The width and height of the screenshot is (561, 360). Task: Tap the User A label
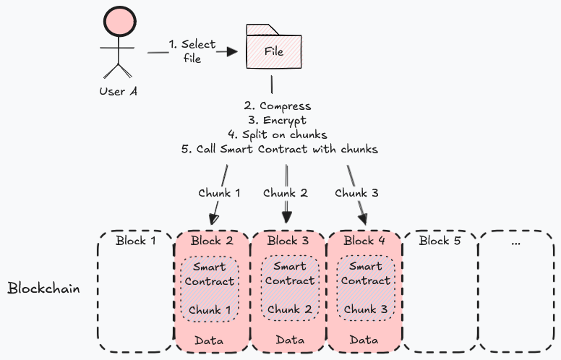tap(118, 91)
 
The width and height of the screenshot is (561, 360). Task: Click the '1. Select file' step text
tap(192, 51)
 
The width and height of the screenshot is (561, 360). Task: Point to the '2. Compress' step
tap(277, 106)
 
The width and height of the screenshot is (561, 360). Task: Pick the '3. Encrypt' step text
tap(277, 120)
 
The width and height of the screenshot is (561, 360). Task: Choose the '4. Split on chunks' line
tap(277, 134)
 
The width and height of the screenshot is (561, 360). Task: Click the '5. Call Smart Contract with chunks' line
tap(279, 149)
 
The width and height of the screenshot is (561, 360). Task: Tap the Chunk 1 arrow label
tap(220, 193)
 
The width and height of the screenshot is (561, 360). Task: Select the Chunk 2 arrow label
tap(285, 193)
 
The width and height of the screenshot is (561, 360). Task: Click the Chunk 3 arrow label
tap(356, 193)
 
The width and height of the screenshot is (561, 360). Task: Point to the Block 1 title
tap(136, 241)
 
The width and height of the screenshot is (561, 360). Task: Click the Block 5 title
tap(440, 241)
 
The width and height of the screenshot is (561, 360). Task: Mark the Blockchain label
tap(43, 288)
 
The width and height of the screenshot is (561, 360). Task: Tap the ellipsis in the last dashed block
tap(516, 242)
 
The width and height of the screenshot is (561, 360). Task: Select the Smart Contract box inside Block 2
tap(210, 288)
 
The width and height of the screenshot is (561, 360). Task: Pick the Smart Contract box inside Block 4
tap(365, 288)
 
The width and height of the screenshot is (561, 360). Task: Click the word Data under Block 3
tap(289, 340)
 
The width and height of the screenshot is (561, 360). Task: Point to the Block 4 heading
tap(365, 241)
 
